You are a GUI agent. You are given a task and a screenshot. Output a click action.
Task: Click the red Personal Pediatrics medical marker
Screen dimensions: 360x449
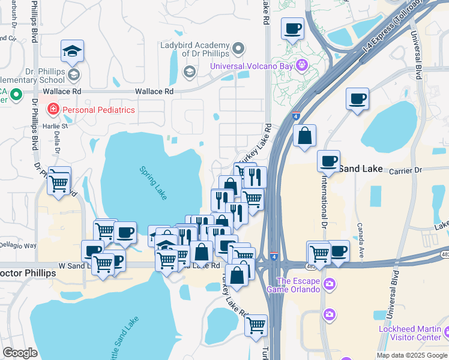tap(53, 110)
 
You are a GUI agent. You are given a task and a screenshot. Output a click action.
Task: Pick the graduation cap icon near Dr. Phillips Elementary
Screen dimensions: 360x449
tap(72, 52)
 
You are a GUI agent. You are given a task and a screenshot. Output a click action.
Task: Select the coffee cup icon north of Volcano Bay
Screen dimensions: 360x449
tap(292, 29)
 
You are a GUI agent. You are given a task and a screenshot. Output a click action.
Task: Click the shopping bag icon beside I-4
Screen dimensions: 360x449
tap(305, 136)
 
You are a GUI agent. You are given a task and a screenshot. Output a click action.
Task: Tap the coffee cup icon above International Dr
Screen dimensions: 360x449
tap(329, 161)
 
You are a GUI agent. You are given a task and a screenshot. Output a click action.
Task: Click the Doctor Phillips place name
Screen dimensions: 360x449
tap(28, 273)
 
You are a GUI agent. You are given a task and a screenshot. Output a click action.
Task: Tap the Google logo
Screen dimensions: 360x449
tap(20, 352)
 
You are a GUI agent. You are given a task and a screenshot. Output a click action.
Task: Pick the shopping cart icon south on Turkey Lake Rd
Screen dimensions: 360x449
tap(256, 326)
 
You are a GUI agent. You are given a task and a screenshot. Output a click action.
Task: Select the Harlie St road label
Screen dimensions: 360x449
tap(55, 126)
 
